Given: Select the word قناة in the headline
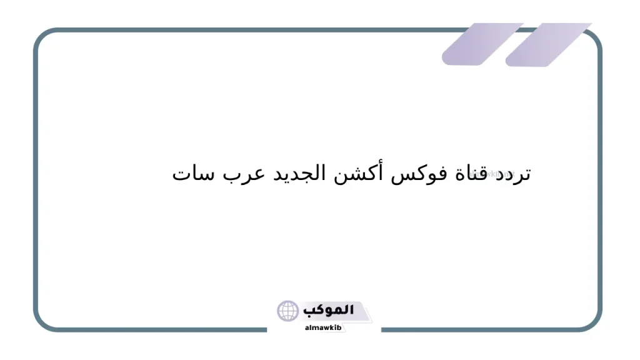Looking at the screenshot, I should point(468,173).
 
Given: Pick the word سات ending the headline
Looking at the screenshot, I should point(190,174).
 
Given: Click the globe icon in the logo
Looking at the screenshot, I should point(288,311).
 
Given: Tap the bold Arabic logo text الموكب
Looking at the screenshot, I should point(329,310).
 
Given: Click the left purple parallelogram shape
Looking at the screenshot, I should point(482,44).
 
